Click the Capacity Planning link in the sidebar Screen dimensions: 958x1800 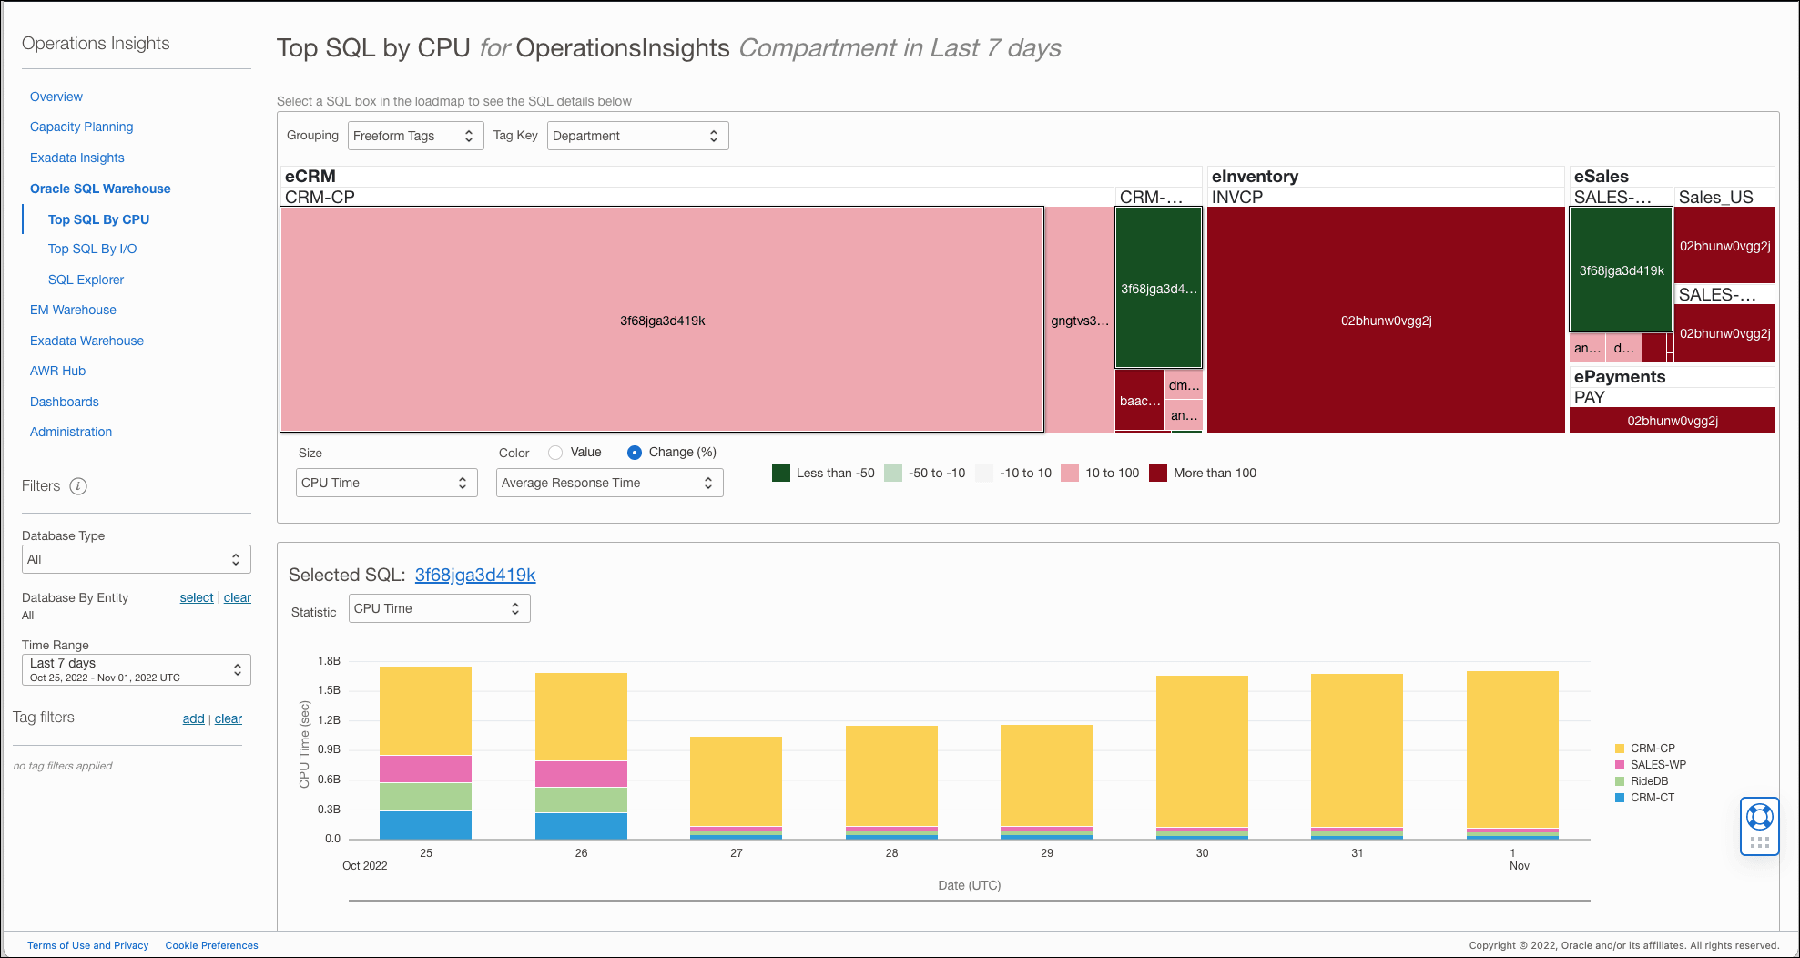click(x=81, y=127)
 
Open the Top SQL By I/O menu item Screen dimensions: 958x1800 click(x=92, y=249)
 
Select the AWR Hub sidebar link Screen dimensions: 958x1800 click(x=57, y=371)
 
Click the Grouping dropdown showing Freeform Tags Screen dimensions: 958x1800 click(x=415, y=136)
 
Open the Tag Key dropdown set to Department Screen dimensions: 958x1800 click(x=637, y=136)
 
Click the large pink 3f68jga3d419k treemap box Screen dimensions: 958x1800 click(x=662, y=320)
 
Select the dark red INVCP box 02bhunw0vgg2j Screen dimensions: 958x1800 click(x=1386, y=320)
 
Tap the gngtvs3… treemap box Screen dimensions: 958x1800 click(x=1080, y=320)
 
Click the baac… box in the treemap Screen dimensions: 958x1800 click(x=1140, y=401)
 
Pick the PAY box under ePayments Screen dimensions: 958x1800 click(x=1673, y=421)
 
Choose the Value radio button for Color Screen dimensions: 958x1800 click(x=555, y=453)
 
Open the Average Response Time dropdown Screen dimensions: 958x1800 click(x=609, y=483)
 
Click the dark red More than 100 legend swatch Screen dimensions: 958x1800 click(x=1158, y=473)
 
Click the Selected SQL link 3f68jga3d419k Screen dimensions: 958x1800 click(x=475, y=575)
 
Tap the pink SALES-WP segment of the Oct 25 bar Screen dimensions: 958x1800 click(x=425, y=769)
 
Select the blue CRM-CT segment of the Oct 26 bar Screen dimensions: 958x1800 click(x=581, y=826)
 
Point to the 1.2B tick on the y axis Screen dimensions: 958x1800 click(x=329, y=720)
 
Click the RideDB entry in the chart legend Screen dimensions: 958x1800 click(x=1649, y=781)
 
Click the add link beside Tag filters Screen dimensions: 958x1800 click(x=193, y=718)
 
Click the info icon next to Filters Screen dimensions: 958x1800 click(x=78, y=486)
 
